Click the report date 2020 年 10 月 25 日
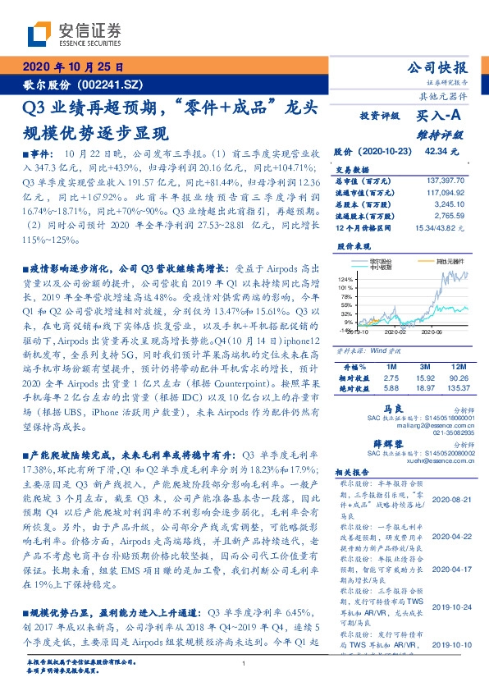(71, 66)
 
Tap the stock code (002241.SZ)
(112, 84)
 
